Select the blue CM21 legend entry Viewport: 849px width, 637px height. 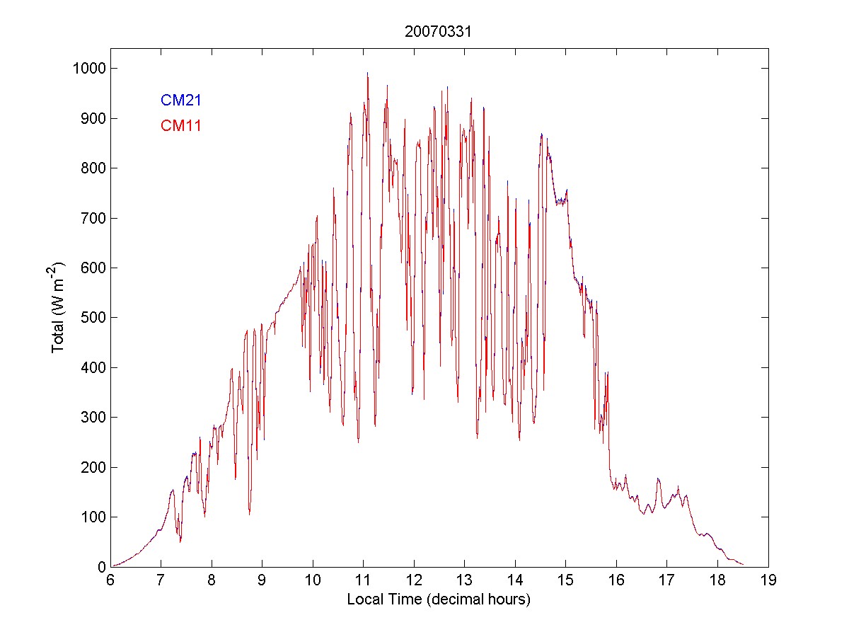[181, 100]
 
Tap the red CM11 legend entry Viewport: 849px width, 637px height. [181, 126]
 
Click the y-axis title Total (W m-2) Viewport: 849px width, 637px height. [57, 308]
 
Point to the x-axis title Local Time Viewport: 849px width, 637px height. [439, 599]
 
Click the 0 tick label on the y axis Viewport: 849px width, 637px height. [100, 567]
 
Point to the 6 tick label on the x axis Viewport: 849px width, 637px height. [110, 580]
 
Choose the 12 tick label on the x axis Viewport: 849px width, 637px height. [414, 580]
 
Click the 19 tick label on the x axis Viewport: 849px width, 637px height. [768, 580]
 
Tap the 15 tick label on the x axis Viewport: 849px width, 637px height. [566, 580]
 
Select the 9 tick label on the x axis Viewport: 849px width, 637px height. [262, 580]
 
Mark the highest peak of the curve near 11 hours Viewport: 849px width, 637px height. [367, 72]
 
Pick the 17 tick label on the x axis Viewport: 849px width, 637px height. [667, 580]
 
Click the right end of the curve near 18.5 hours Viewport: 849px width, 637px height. [743, 564]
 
